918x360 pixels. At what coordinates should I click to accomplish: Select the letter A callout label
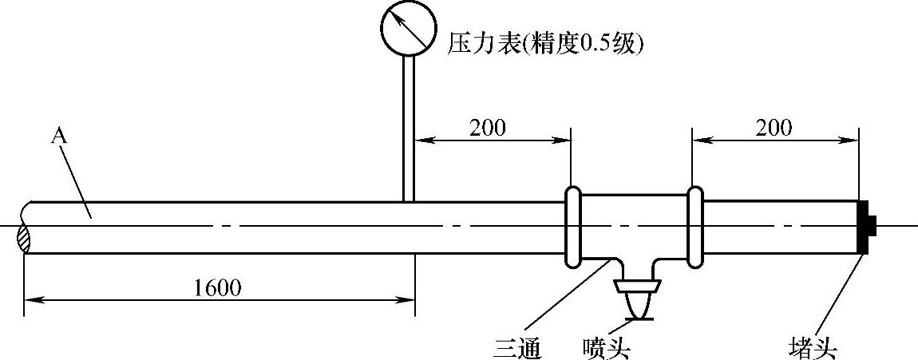tap(58, 136)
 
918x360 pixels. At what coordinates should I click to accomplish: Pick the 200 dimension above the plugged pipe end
tap(773, 128)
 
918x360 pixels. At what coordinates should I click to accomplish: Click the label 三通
tap(518, 348)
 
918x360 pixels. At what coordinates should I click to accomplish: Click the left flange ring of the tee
tap(572, 227)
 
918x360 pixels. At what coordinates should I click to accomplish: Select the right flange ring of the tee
tap(695, 227)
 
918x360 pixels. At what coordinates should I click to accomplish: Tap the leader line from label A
tap(77, 180)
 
